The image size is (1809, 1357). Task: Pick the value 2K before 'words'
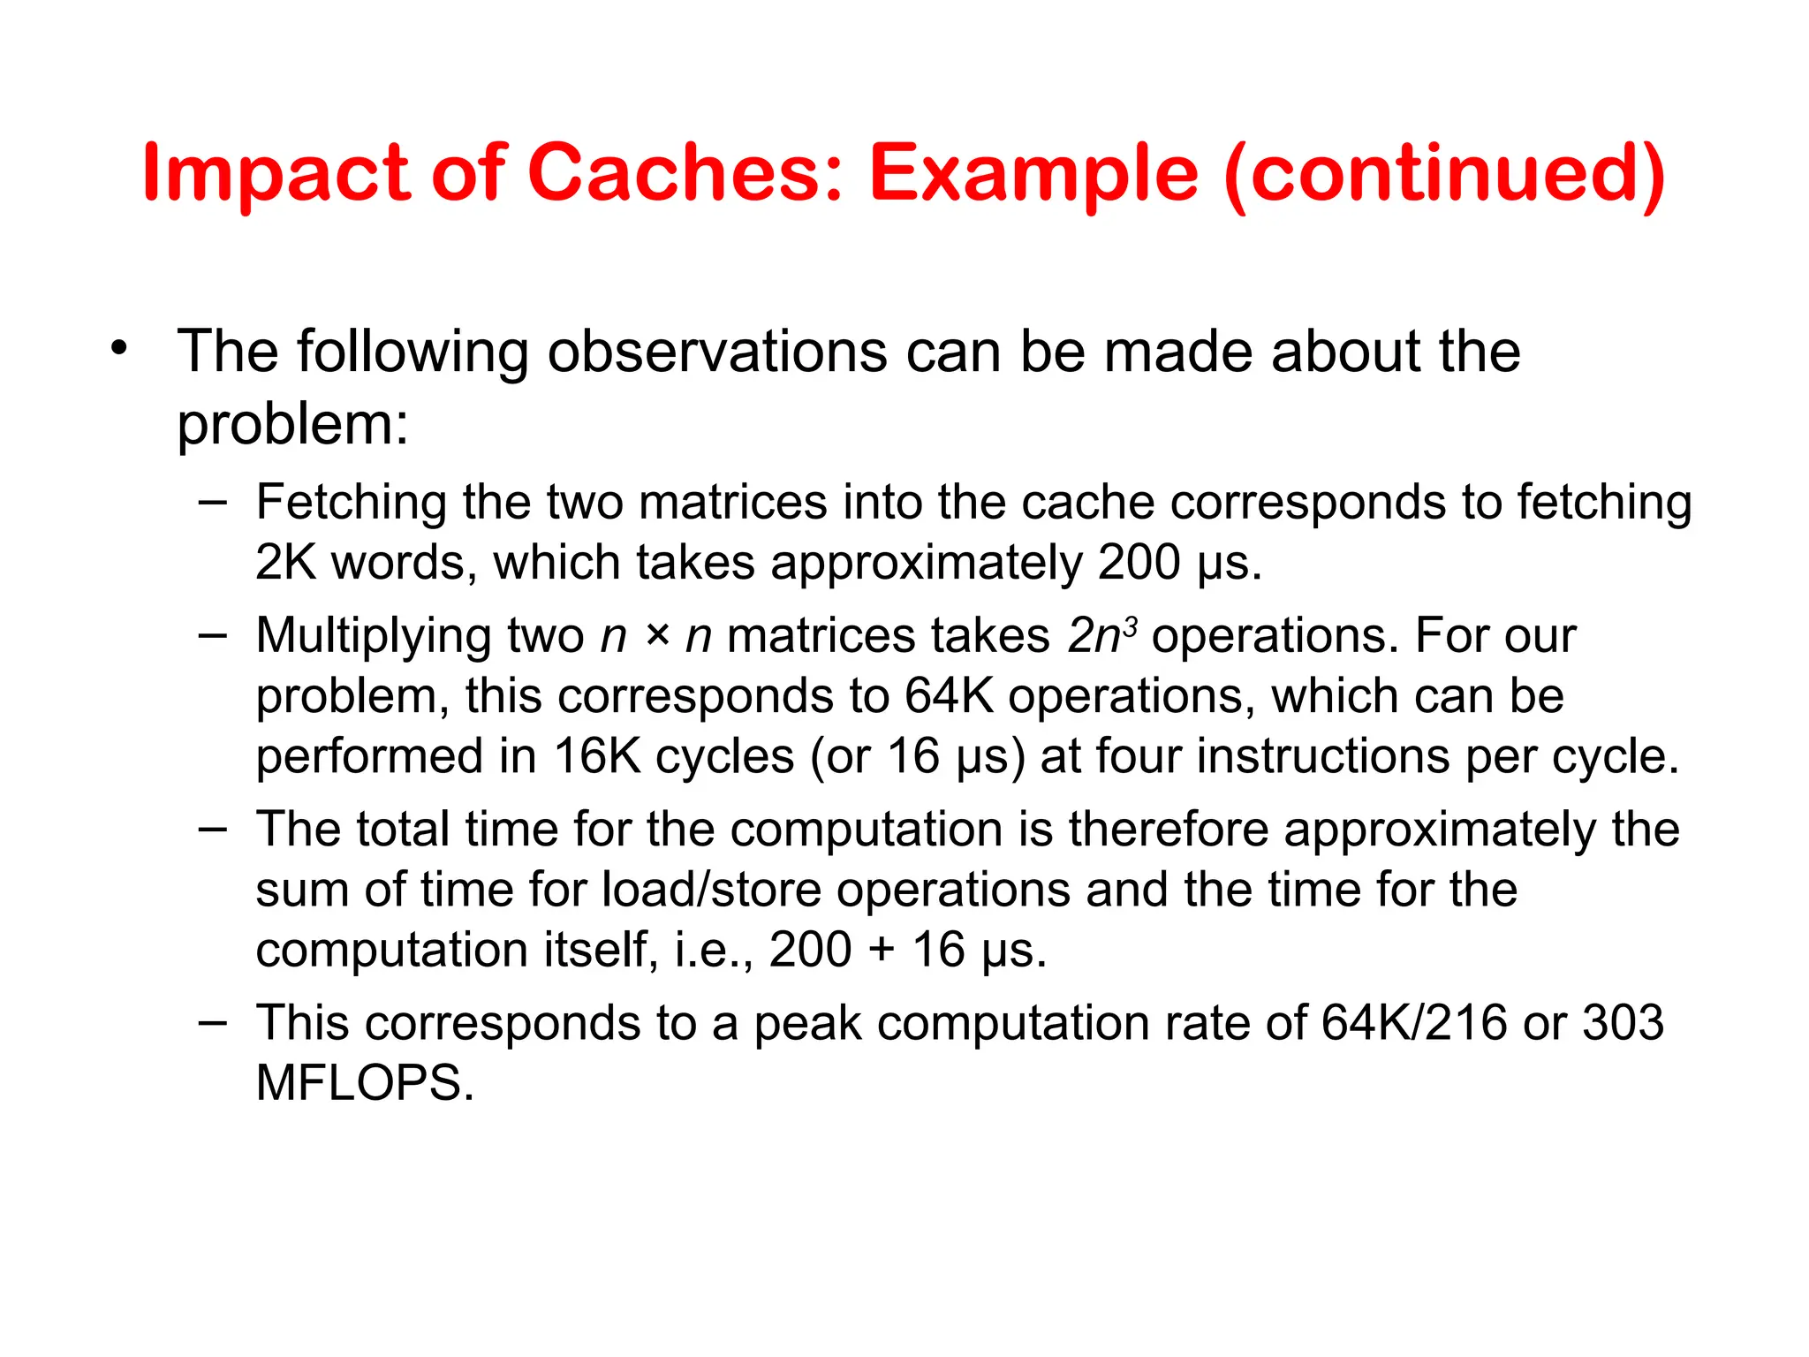point(285,563)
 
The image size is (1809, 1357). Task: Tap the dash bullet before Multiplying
point(213,634)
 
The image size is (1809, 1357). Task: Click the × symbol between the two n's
point(656,636)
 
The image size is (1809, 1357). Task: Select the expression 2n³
point(1101,635)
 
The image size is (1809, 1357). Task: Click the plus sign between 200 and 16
point(882,951)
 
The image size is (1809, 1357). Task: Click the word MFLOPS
point(364,1083)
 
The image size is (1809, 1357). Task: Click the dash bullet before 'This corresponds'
point(213,1022)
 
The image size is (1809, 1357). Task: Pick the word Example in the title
point(1033,173)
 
